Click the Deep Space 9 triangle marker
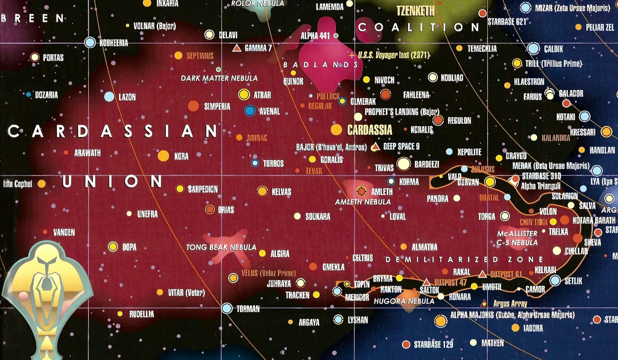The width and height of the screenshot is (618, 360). (x=375, y=147)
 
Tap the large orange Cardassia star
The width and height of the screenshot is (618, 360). (x=336, y=129)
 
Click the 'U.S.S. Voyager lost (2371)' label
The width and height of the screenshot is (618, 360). (x=393, y=55)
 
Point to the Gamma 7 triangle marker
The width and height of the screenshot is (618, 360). (x=237, y=48)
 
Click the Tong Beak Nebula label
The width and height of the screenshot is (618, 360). (x=221, y=247)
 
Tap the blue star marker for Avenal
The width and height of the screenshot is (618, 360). (x=250, y=111)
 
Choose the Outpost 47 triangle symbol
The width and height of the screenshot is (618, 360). (x=426, y=282)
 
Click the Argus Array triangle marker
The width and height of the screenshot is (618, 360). (x=484, y=303)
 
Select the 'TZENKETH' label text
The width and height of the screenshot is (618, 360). (x=415, y=11)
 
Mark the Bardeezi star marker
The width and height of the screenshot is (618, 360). (x=403, y=164)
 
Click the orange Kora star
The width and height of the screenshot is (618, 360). (x=163, y=156)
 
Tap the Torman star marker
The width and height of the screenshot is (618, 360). (x=227, y=308)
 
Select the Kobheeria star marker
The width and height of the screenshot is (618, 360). (x=90, y=43)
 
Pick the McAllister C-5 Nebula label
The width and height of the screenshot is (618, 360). (x=517, y=238)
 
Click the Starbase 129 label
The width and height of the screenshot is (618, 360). (x=433, y=345)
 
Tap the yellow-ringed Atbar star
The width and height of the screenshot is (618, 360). (x=244, y=94)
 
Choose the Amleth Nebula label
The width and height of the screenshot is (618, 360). (x=363, y=202)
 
